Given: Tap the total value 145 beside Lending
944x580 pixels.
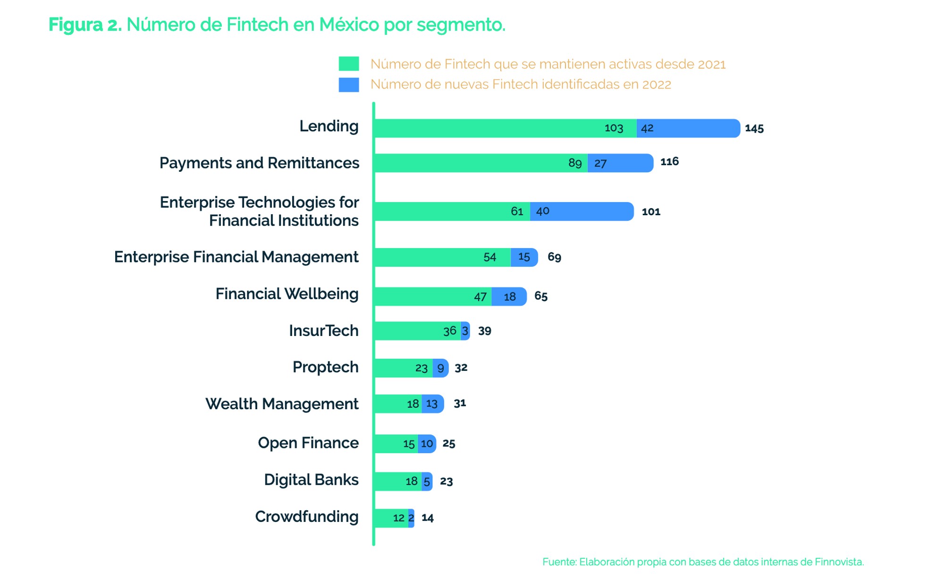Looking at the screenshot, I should coord(754,128).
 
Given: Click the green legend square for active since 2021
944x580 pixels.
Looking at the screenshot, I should coord(348,64).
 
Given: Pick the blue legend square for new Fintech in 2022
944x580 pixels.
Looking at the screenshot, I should coord(348,84).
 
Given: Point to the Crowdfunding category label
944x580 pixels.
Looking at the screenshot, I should coord(306,517).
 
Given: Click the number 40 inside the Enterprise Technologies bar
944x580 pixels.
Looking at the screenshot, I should coord(542,211).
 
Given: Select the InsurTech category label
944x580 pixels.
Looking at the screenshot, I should coord(323,331).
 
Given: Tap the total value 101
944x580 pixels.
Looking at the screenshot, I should coord(651,212).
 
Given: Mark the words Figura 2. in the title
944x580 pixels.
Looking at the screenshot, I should coord(85,25).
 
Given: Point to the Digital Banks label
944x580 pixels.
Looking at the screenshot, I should coord(311,480).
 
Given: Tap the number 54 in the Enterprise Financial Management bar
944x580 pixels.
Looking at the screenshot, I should coord(489,257).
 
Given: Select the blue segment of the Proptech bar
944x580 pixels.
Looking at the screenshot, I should coord(440,368).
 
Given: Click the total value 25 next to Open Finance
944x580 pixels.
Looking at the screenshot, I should coord(448,444).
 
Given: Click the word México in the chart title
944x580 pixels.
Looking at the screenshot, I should coord(349,25).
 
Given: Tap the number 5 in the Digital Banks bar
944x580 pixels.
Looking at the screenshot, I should coord(427,482).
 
